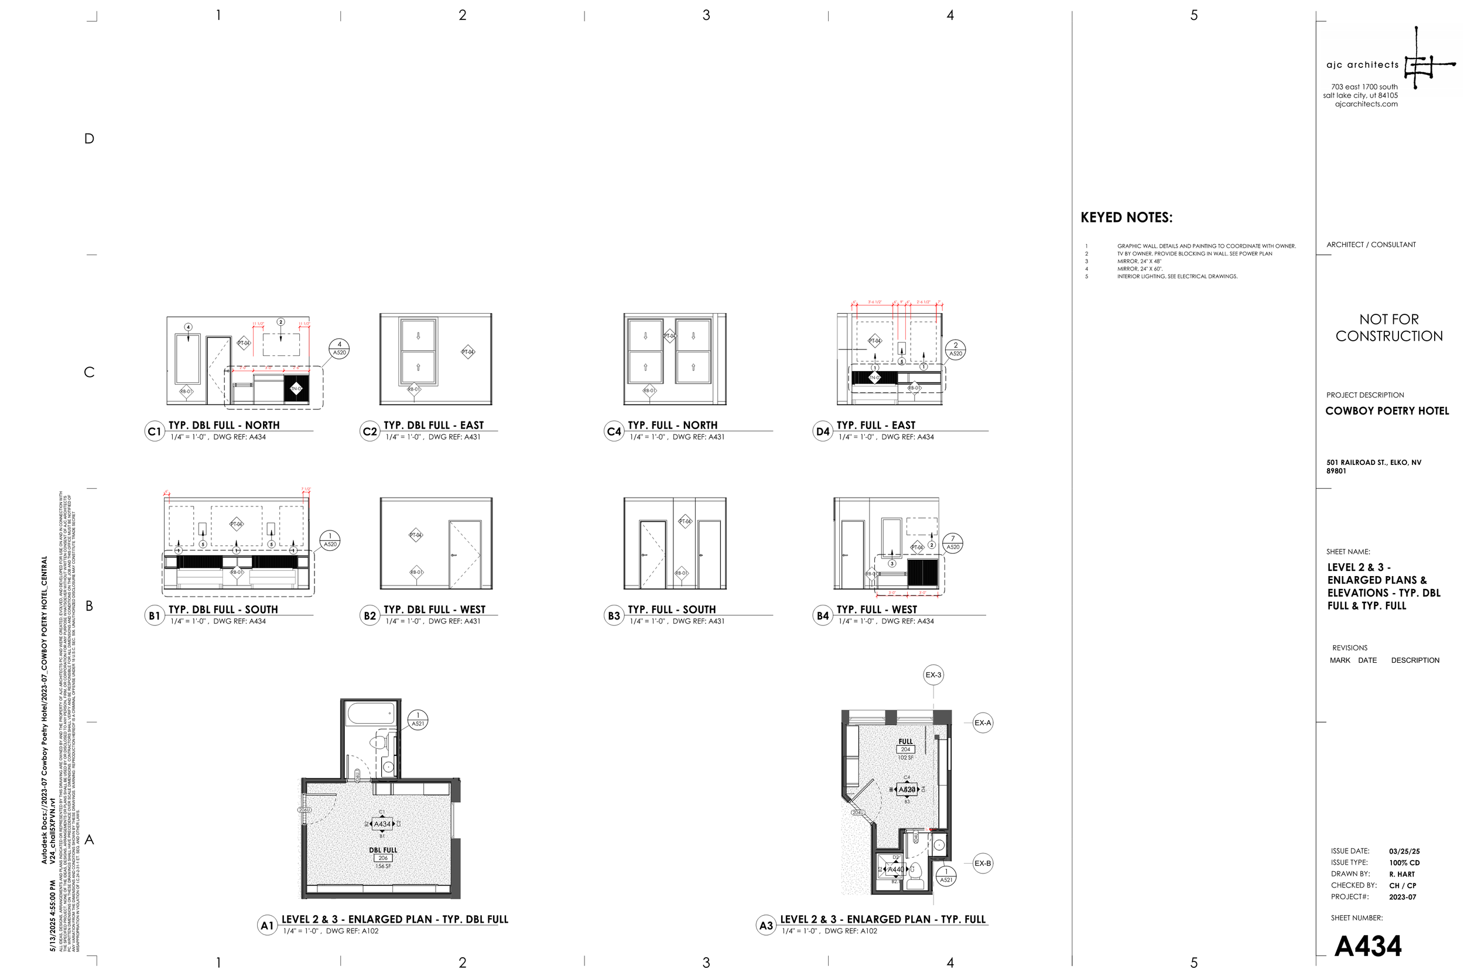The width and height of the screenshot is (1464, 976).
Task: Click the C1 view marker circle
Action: pyautogui.click(x=155, y=432)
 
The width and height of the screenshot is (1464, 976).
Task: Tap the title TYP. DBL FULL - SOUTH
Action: pyautogui.click(x=223, y=609)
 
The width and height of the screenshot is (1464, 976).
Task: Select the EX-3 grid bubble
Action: pyautogui.click(x=933, y=674)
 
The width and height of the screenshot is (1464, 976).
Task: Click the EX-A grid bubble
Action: pyautogui.click(x=982, y=722)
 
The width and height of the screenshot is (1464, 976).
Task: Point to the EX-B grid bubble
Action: pyautogui.click(x=982, y=864)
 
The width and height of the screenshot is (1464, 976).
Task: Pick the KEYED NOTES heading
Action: pyautogui.click(x=1126, y=218)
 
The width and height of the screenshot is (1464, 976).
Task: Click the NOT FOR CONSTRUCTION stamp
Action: pyautogui.click(x=1388, y=328)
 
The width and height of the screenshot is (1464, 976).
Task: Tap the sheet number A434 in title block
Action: pyautogui.click(x=1367, y=946)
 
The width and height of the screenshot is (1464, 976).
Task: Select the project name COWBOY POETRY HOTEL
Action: pyautogui.click(x=1387, y=411)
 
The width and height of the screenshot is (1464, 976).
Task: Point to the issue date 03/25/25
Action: pyautogui.click(x=1404, y=851)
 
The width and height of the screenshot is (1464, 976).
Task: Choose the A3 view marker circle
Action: pyautogui.click(x=765, y=926)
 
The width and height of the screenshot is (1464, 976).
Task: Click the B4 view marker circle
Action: pyautogui.click(x=823, y=615)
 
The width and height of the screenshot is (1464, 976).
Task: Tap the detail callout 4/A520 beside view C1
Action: pyautogui.click(x=339, y=348)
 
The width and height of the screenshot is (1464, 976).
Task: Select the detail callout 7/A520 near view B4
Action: pyautogui.click(x=952, y=543)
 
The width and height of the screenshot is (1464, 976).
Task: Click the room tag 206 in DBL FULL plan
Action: pyautogui.click(x=383, y=858)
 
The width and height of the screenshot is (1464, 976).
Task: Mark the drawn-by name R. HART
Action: pyautogui.click(x=1402, y=875)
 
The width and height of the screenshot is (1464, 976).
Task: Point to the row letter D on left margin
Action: pyautogui.click(x=89, y=139)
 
